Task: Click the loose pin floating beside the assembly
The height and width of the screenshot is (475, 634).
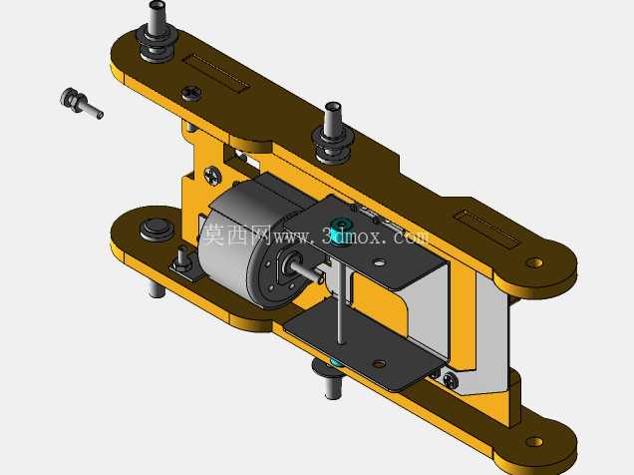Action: pyautogui.click(x=81, y=103)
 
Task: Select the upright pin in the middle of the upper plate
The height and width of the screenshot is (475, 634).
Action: pyautogui.click(x=333, y=133)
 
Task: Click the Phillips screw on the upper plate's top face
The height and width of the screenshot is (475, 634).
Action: pyautogui.click(x=191, y=94)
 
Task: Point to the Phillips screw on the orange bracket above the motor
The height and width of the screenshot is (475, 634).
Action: pyautogui.click(x=212, y=176)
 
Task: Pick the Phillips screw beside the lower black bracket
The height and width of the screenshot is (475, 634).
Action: pyautogui.click(x=450, y=380)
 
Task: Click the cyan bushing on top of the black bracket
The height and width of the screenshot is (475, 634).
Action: pyautogui.click(x=341, y=229)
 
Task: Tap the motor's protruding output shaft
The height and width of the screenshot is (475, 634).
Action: pyautogui.click(x=304, y=269)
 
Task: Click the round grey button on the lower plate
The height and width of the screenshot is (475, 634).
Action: pyautogui.click(x=157, y=230)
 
